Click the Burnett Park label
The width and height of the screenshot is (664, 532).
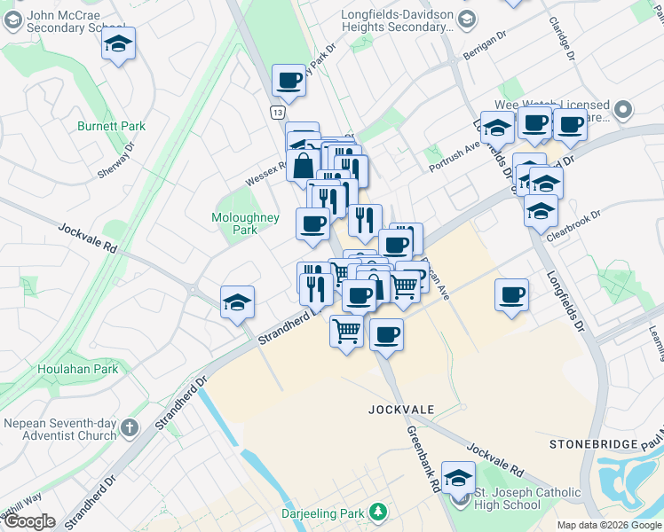point(111,126)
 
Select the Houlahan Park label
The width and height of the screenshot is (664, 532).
point(78,369)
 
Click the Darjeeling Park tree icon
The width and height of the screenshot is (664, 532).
point(379,512)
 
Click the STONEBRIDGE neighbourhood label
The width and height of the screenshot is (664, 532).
point(593,443)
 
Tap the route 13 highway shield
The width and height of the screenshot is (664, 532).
point(278,113)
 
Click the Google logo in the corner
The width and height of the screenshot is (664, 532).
point(28,521)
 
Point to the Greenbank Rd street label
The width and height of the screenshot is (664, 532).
point(423,458)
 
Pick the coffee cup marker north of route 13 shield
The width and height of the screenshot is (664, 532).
point(289,81)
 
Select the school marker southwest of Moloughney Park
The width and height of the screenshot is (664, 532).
point(237,302)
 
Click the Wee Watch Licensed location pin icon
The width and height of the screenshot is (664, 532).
point(623,111)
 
